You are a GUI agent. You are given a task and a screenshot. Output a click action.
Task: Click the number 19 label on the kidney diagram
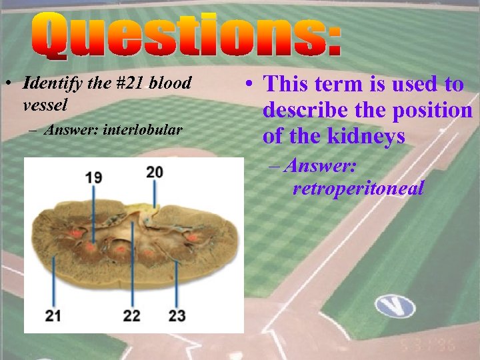[x=93, y=177]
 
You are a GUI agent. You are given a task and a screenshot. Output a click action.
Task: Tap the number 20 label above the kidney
[x=155, y=172]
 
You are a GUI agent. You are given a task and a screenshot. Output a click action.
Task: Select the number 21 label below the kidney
[x=54, y=315]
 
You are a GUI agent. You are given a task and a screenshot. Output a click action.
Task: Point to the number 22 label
[x=132, y=315]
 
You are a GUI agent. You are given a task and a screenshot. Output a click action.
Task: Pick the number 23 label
[x=177, y=315]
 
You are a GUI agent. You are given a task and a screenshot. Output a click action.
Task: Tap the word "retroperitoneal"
[x=358, y=189]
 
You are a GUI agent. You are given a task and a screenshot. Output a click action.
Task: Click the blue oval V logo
[x=395, y=305]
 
